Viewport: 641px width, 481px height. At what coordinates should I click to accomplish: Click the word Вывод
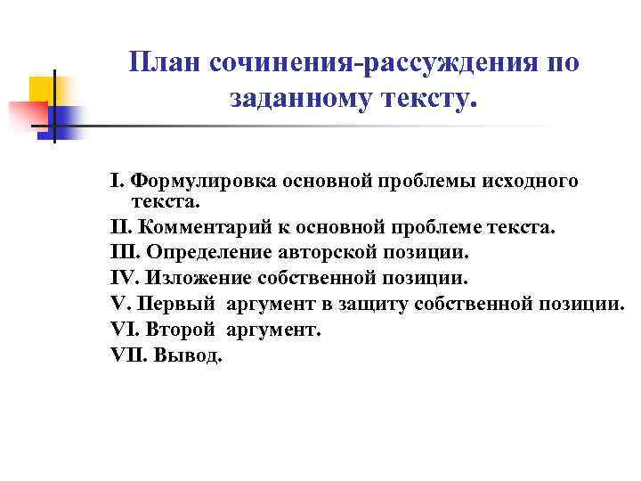pyautogui.click(x=190, y=355)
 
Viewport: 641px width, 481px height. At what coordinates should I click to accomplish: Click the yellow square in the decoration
pyautogui.click(x=42, y=88)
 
